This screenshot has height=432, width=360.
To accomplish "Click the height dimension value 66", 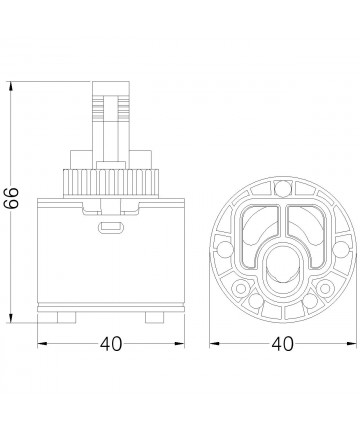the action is point(12,198).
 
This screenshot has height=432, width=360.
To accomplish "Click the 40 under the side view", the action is point(111,344).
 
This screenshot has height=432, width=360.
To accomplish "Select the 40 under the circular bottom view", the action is point(283,344).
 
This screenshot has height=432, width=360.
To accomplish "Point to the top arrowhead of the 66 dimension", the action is point(11,85).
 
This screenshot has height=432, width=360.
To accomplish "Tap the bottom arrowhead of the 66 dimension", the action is point(11,319).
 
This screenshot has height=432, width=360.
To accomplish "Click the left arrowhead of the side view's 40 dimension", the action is point(42,343).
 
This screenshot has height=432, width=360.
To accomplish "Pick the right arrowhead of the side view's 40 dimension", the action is point(180,343).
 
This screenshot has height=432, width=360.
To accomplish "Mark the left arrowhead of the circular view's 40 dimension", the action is point(214,343).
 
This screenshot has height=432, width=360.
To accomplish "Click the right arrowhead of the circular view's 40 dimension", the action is point(352,343).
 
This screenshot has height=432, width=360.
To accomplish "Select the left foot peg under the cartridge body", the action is point(66,317).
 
